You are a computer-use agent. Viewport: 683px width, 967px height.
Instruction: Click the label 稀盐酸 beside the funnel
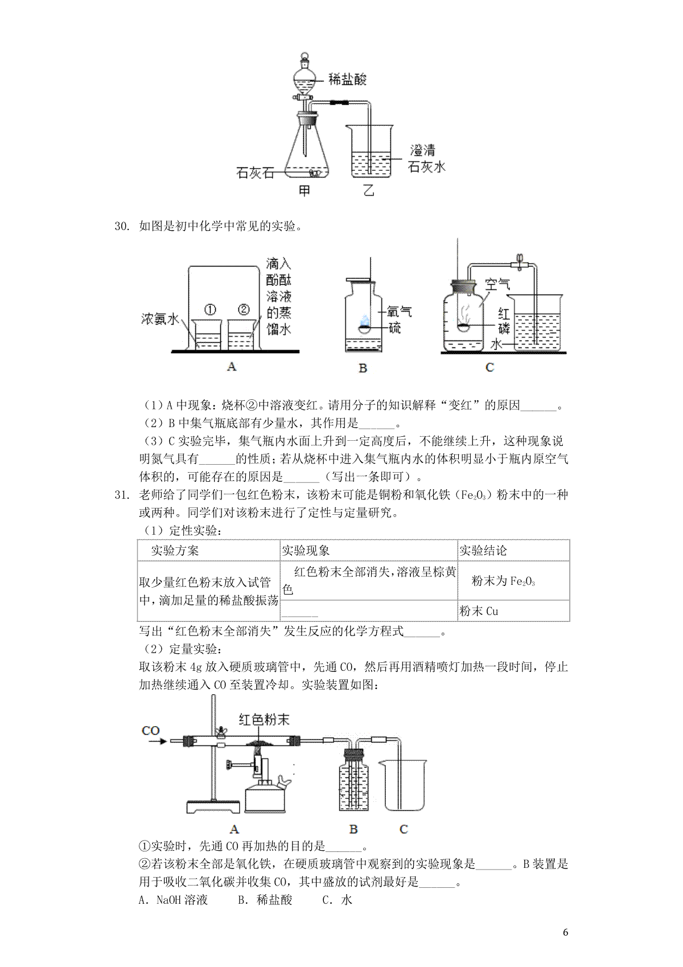click(347, 80)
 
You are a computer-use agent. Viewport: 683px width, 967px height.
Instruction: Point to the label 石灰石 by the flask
click(255, 173)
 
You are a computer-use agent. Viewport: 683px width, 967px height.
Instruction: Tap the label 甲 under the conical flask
click(305, 190)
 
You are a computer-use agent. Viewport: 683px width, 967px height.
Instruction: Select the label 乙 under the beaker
click(368, 190)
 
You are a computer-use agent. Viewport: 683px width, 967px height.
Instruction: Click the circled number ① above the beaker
click(210, 310)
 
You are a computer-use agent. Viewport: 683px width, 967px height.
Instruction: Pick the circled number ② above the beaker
click(244, 310)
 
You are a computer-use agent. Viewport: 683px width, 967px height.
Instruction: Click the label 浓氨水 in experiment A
click(159, 319)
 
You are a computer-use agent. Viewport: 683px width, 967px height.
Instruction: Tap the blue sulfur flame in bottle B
click(365, 320)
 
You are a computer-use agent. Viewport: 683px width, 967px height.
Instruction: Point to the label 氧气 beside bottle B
click(399, 312)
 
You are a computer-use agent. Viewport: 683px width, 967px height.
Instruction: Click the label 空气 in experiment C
click(497, 285)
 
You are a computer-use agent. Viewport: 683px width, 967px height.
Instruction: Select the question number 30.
click(122, 226)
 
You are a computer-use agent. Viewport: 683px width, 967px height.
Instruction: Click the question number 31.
click(122, 495)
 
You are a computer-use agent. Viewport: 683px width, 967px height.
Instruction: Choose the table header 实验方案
click(175, 550)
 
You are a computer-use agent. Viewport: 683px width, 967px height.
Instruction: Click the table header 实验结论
click(483, 550)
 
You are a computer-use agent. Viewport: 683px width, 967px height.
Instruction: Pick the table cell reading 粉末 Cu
click(479, 611)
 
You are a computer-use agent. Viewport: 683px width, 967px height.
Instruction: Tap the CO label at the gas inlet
click(151, 731)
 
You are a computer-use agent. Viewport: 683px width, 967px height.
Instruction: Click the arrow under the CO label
click(158, 741)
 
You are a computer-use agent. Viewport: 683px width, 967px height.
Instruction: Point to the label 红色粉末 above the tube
click(264, 719)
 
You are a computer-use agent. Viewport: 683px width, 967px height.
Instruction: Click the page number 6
click(565, 944)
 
